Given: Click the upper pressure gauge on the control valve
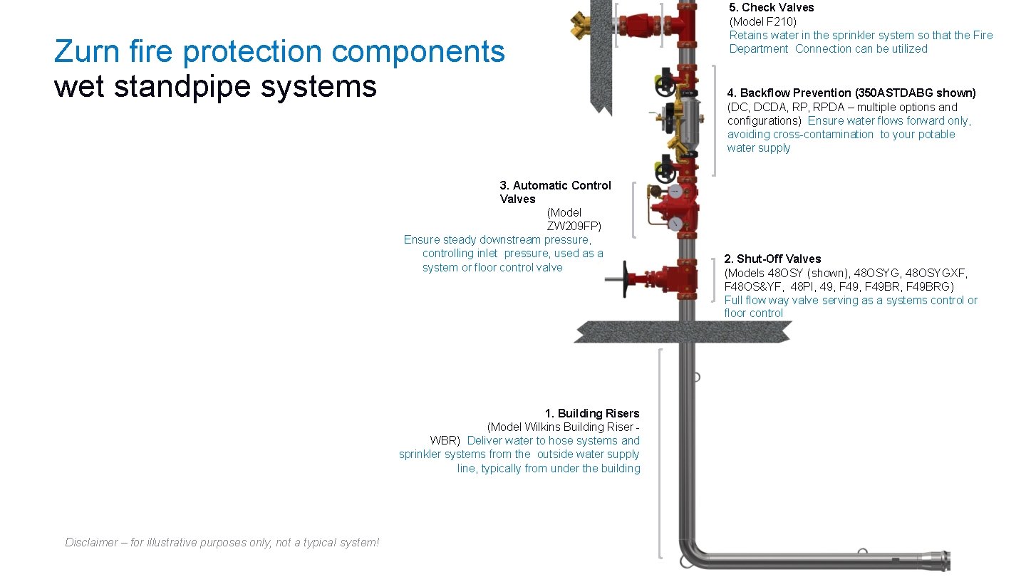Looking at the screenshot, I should tap(673, 192).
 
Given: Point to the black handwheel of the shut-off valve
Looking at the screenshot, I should tap(626, 278).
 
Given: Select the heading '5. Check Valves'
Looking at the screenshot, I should tap(771, 7).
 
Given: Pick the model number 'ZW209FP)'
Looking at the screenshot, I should tap(574, 226).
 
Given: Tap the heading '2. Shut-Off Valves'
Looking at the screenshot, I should tap(772, 259).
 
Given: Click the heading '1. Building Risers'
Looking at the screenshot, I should tap(591, 413).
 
